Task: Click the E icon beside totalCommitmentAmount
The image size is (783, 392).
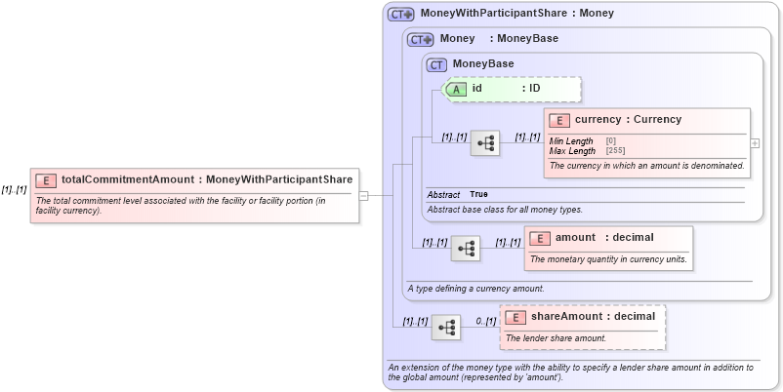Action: [x=46, y=180]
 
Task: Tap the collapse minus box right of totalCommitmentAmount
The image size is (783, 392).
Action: [x=363, y=195]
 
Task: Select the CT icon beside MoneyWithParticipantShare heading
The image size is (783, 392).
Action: [x=400, y=15]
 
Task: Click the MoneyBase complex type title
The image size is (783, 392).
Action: [x=482, y=64]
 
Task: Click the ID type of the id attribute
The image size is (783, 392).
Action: [x=534, y=89]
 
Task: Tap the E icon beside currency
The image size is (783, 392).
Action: [x=559, y=121]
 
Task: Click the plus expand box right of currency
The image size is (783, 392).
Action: [x=755, y=142]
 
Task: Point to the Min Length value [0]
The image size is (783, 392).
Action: [x=611, y=141]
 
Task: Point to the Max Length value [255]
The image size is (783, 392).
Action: [x=615, y=151]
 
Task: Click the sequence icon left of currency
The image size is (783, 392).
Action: [x=485, y=143]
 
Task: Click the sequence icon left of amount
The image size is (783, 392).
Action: [x=465, y=249]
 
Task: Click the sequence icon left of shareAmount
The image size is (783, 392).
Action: [x=446, y=328]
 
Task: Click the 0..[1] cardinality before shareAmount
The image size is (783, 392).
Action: [x=485, y=321]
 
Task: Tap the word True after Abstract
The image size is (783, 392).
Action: [x=478, y=195]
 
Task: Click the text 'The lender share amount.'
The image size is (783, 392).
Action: [x=556, y=338]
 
